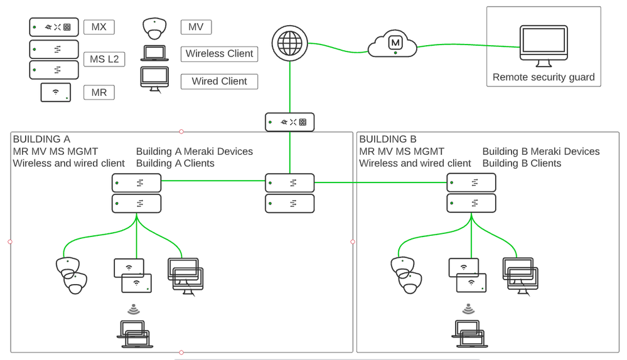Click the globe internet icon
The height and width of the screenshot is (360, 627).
click(289, 43)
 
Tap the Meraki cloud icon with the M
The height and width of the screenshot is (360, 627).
click(394, 43)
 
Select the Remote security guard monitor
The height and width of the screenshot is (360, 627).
click(543, 45)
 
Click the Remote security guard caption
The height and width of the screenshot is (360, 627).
click(543, 77)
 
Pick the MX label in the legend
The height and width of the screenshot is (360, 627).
click(99, 26)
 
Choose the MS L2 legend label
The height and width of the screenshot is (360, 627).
click(104, 60)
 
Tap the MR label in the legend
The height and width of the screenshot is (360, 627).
click(99, 92)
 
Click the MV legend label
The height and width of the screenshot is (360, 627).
click(195, 26)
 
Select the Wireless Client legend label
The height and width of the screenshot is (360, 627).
click(219, 54)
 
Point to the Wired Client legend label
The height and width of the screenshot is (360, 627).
click(219, 81)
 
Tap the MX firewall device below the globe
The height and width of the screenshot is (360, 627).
click(289, 122)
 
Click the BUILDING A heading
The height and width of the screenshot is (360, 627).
click(41, 139)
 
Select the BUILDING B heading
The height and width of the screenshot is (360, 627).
click(387, 139)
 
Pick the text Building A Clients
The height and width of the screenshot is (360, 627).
click(175, 163)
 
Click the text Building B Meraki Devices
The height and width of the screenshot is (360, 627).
click(540, 151)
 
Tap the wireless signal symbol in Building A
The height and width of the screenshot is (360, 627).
click(133, 309)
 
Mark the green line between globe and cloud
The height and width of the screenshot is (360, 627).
click(337, 45)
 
